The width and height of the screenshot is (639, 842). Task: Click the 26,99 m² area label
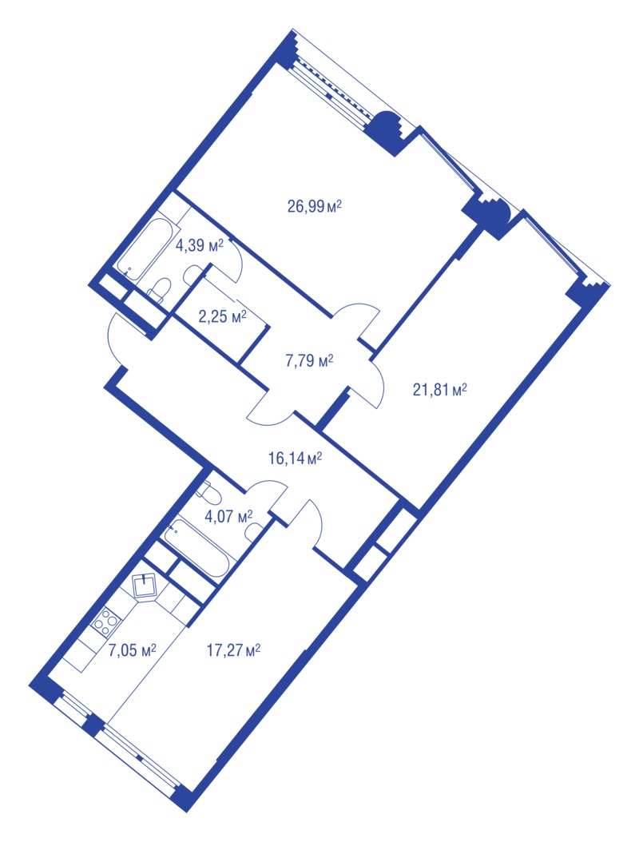click(x=315, y=206)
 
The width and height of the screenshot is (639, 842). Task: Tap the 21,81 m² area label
click(x=439, y=389)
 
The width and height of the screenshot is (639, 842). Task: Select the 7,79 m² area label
click(x=309, y=361)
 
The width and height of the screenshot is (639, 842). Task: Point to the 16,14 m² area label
click(x=295, y=458)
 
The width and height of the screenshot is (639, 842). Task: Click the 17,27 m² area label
click(x=233, y=651)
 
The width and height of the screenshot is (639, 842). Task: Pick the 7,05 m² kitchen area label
click(x=132, y=651)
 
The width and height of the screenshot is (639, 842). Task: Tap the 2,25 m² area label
click(x=222, y=317)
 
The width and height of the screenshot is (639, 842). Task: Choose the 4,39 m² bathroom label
click(x=199, y=246)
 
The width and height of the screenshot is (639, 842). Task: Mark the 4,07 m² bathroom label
click(x=228, y=517)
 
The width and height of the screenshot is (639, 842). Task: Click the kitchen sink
click(x=145, y=585)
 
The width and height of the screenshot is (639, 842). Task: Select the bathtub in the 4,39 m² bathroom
click(x=149, y=249)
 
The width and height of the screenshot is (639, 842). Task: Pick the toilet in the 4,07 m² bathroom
click(x=206, y=491)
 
